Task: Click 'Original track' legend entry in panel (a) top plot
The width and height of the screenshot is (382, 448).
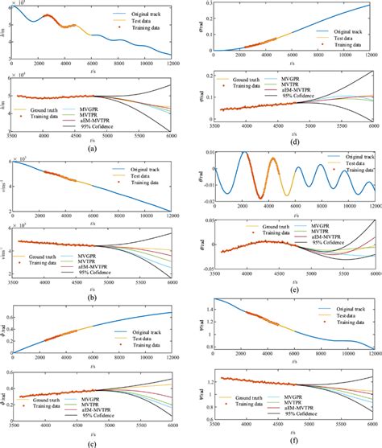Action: pyautogui.click(x=143, y=14)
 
